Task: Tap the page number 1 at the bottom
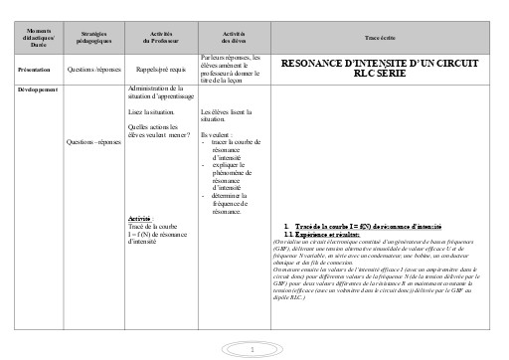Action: click(254, 349)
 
